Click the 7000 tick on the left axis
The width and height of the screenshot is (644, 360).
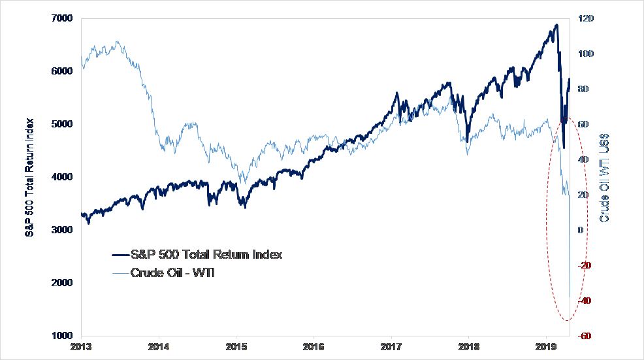[63, 18]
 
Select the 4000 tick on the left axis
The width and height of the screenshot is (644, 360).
[63, 177]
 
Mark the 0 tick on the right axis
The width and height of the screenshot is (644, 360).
[580, 230]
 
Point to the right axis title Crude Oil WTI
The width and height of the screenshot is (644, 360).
[605, 176]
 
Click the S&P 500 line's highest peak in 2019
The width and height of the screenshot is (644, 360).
[556, 25]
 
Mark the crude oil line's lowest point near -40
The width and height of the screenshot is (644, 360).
[570, 297]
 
